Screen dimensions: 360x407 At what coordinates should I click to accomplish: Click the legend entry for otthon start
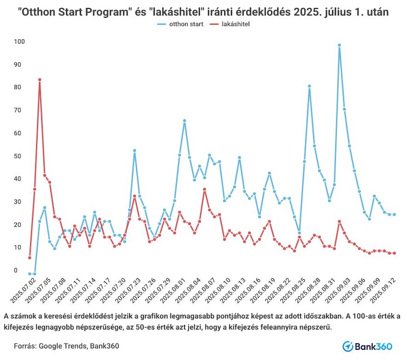click(186, 24)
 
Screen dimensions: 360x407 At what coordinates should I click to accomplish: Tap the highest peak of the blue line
click(339, 45)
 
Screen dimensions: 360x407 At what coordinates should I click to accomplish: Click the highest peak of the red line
click(39, 80)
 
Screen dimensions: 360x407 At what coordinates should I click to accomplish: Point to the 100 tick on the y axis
click(19, 41)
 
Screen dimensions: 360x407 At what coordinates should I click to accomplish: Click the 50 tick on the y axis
click(19, 156)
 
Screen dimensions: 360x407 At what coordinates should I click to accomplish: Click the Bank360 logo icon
click(348, 346)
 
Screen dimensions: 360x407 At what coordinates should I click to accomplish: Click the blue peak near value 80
click(309, 86)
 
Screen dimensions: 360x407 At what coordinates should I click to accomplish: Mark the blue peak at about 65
click(184, 121)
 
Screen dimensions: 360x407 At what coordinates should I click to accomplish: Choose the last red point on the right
click(394, 253)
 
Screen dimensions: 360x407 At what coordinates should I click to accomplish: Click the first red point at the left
click(30, 258)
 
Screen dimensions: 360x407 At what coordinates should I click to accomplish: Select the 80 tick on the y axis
click(19, 87)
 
